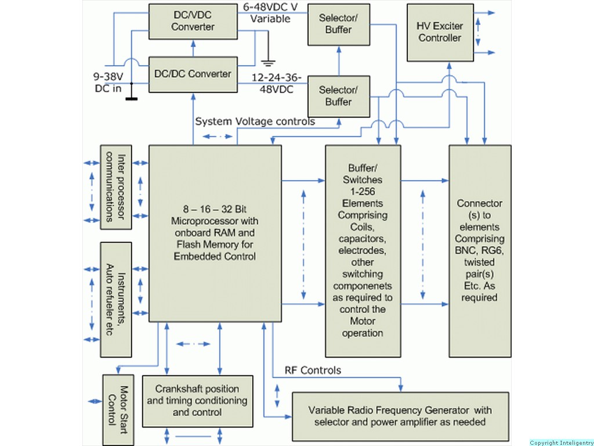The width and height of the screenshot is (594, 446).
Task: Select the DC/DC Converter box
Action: coord(193,74)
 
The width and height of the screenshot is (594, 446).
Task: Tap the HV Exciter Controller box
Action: coord(440,32)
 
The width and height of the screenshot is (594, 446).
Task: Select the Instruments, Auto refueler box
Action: coord(115,299)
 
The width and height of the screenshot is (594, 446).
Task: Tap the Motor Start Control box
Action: coord(118,409)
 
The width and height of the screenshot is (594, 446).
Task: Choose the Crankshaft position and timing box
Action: coord(197,401)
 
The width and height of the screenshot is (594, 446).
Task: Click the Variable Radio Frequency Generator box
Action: coord(400,416)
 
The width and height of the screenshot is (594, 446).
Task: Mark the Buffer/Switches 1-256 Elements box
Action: coord(363,250)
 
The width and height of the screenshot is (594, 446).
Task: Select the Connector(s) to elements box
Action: coord(479,250)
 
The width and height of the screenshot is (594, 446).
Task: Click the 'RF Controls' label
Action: coord(313,371)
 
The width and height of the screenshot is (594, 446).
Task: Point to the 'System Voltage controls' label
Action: coord(255,121)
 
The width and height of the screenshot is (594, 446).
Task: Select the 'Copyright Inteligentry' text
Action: coord(562,443)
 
